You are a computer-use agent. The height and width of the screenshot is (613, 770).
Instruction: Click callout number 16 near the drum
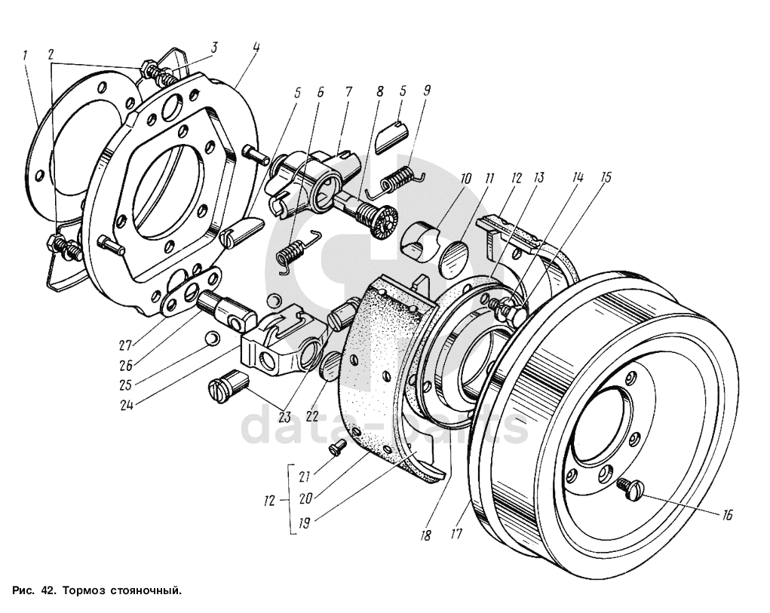727,515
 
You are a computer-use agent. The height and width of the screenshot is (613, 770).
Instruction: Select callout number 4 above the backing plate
256,48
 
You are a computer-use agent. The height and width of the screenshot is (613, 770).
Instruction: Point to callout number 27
126,345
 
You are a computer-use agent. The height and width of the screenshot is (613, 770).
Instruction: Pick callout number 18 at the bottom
426,535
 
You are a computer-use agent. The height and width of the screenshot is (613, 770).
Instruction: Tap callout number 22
312,415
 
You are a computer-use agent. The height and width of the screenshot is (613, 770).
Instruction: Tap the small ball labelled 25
213,338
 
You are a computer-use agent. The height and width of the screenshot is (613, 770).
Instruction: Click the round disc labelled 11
454,256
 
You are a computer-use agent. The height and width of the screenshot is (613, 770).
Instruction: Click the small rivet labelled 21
337,448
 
